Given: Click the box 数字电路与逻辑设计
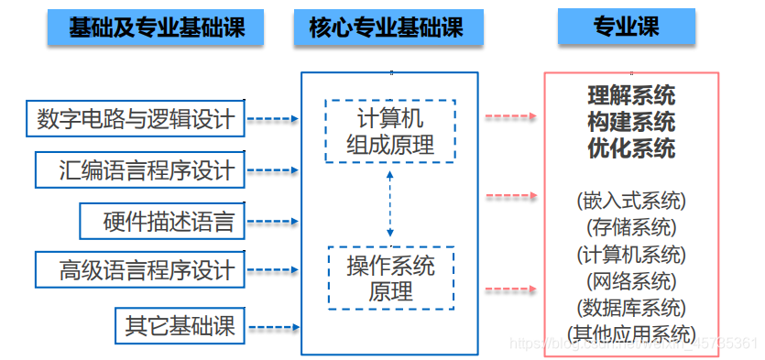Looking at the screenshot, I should pyautogui.click(x=136, y=119).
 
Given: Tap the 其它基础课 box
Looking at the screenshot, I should pyautogui.click(x=180, y=324).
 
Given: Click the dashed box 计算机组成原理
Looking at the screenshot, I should pyautogui.click(x=390, y=132).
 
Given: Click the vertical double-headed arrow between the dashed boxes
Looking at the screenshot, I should pyautogui.click(x=390, y=204).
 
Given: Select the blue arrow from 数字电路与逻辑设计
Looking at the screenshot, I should pyautogui.click(x=274, y=119).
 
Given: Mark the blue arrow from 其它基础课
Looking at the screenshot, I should pyautogui.click(x=274, y=325).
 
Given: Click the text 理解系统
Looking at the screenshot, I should pyautogui.click(x=631, y=95).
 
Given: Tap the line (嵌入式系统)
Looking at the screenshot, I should pyautogui.click(x=631, y=201).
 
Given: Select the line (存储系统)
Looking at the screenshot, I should pyautogui.click(x=631, y=227).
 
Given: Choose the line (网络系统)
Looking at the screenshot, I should pyautogui.click(x=631, y=280).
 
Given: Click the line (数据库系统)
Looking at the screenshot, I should pyautogui.click(x=631, y=307).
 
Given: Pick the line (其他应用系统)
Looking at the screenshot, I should pyautogui.click(x=631, y=333).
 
